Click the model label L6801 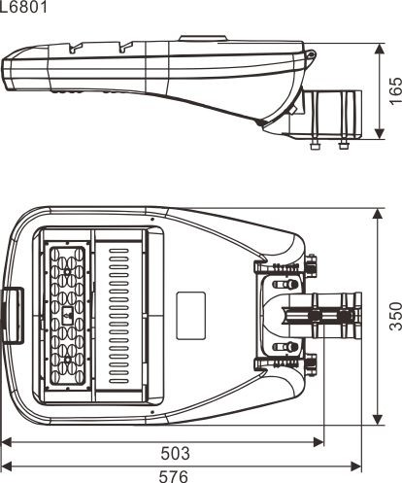click(x=23, y=7)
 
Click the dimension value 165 click(x=395, y=90)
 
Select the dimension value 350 click(x=395, y=316)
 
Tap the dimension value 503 click(x=175, y=453)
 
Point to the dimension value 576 click(x=174, y=476)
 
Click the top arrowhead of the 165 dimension click(x=379, y=50)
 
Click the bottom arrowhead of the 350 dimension click(x=378, y=419)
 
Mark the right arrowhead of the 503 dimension click(x=318, y=441)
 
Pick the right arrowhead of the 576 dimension click(x=355, y=466)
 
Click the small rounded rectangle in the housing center click(x=191, y=316)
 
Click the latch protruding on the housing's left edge click(x=13, y=316)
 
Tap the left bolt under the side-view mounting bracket click(x=315, y=145)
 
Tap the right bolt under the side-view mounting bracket click(x=344, y=145)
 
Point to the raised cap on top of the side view click(x=203, y=39)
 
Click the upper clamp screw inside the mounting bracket click(x=285, y=285)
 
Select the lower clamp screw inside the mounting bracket click(x=285, y=347)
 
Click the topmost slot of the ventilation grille click(x=118, y=251)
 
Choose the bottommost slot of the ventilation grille click(x=118, y=381)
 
